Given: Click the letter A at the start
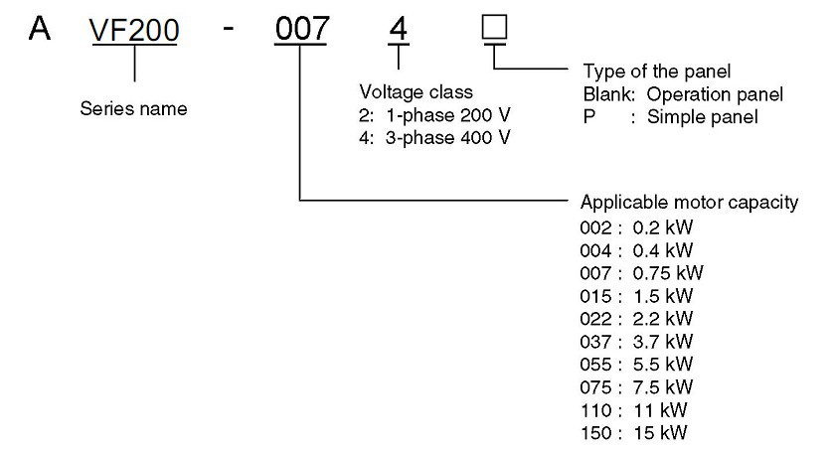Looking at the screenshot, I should [39, 29].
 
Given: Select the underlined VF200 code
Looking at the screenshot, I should [134, 32].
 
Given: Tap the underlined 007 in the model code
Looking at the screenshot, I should [300, 31].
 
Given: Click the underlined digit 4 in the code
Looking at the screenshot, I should [399, 31].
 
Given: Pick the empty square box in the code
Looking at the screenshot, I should [494, 29].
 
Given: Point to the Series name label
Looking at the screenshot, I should [133, 109].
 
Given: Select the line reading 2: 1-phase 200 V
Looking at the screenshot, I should [435, 116].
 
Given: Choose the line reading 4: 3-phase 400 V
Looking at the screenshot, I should [435, 137].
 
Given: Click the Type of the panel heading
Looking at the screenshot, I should [656, 74].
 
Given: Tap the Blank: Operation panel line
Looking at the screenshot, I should [683, 95].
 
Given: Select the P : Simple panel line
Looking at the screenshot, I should [670, 116].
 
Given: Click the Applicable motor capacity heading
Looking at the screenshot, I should [690, 204].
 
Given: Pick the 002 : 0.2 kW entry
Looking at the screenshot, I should [636, 226].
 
